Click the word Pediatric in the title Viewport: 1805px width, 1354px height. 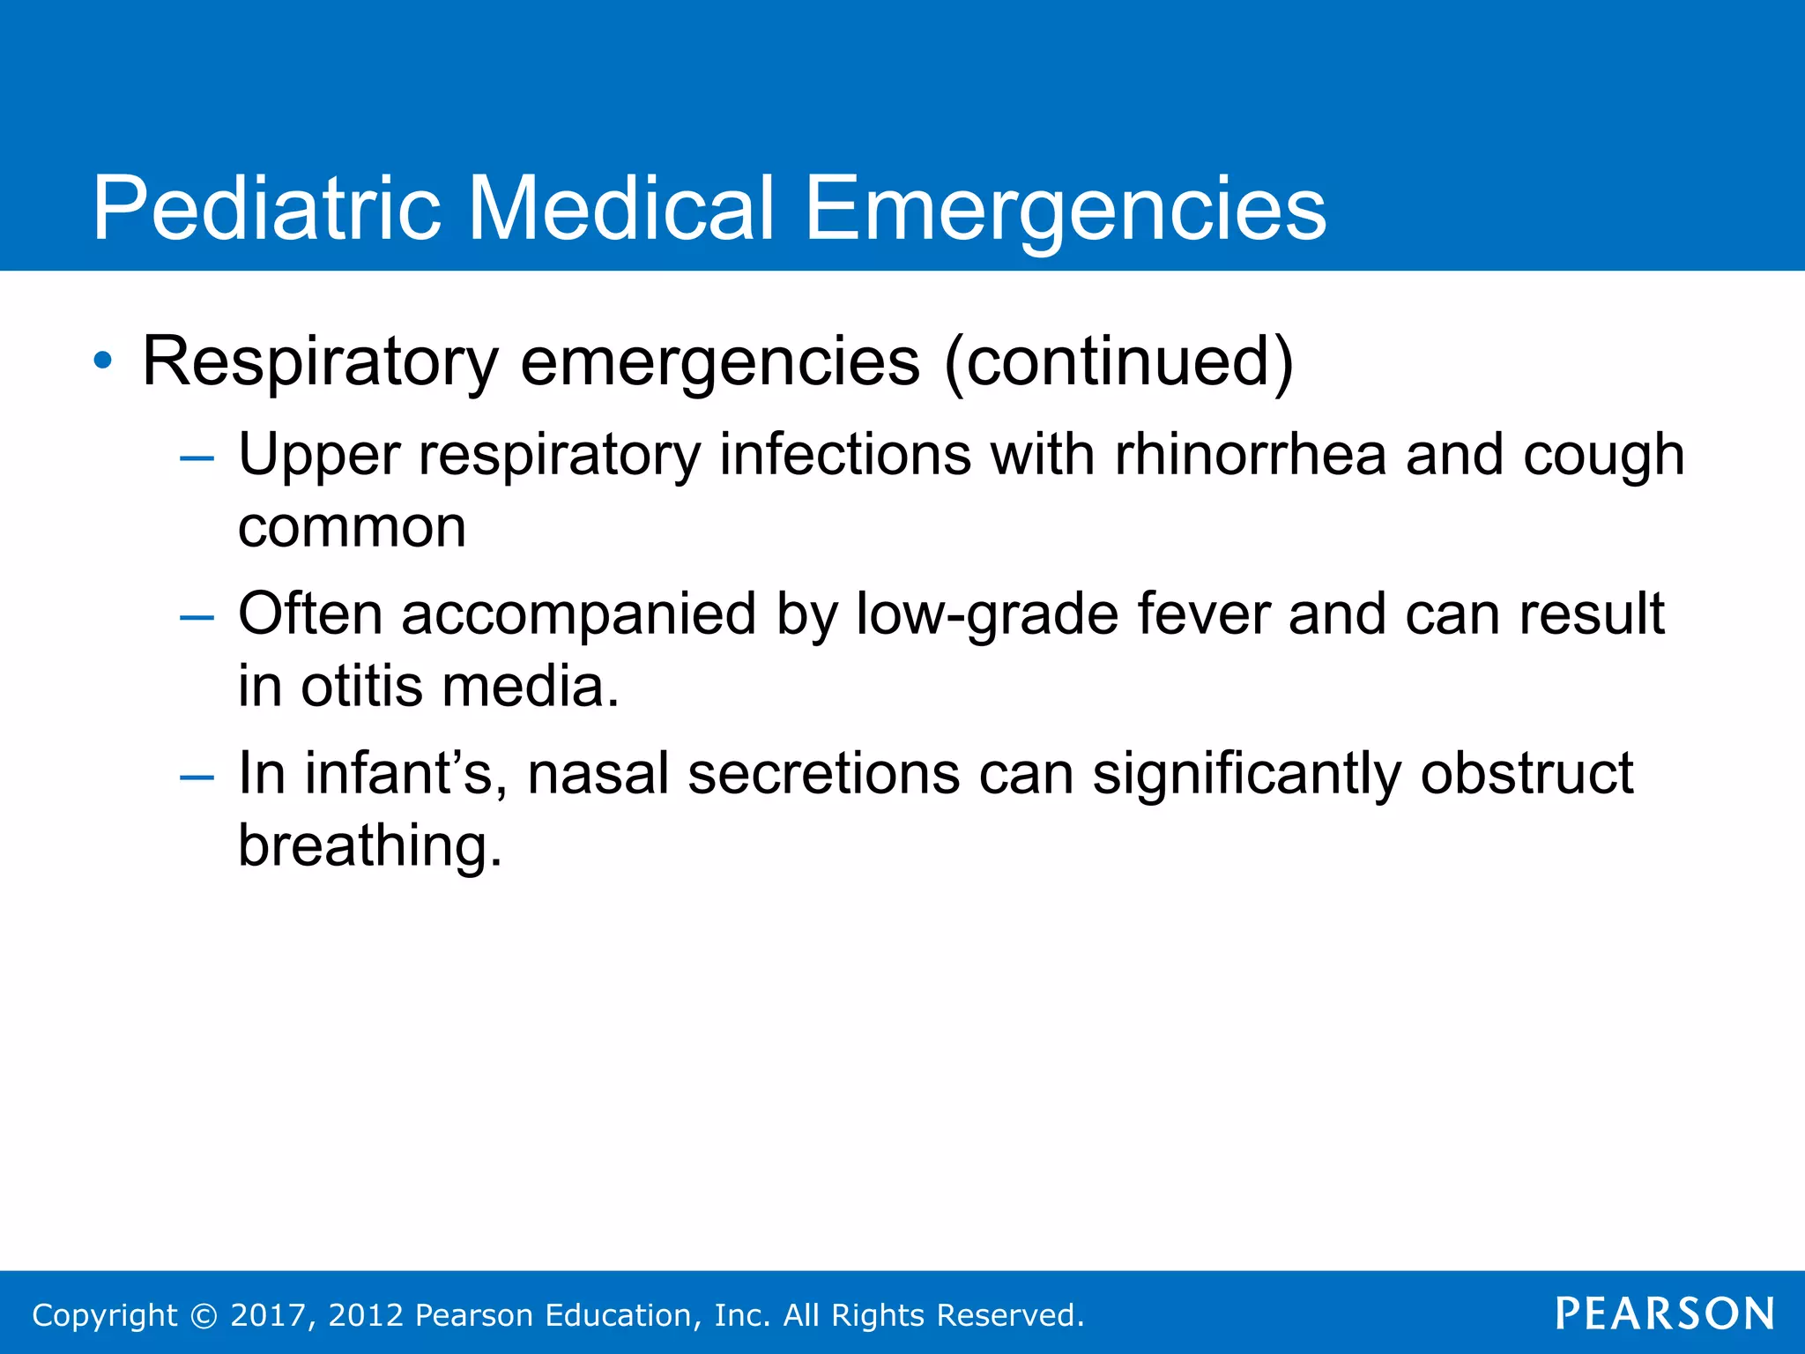click(266, 209)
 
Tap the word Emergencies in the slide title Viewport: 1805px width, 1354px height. click(1065, 209)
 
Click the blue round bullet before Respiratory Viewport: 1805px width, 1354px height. click(103, 361)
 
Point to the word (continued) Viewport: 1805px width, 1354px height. click(1118, 361)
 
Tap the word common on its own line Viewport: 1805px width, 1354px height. click(352, 528)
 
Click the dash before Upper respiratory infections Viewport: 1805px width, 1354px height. click(196, 458)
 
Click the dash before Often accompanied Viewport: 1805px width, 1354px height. click(196, 617)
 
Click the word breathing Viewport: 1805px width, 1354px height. click(369, 846)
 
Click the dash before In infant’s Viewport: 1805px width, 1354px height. click(196, 777)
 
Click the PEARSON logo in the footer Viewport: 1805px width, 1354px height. click(1664, 1313)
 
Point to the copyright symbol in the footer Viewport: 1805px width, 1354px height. click(204, 1315)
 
